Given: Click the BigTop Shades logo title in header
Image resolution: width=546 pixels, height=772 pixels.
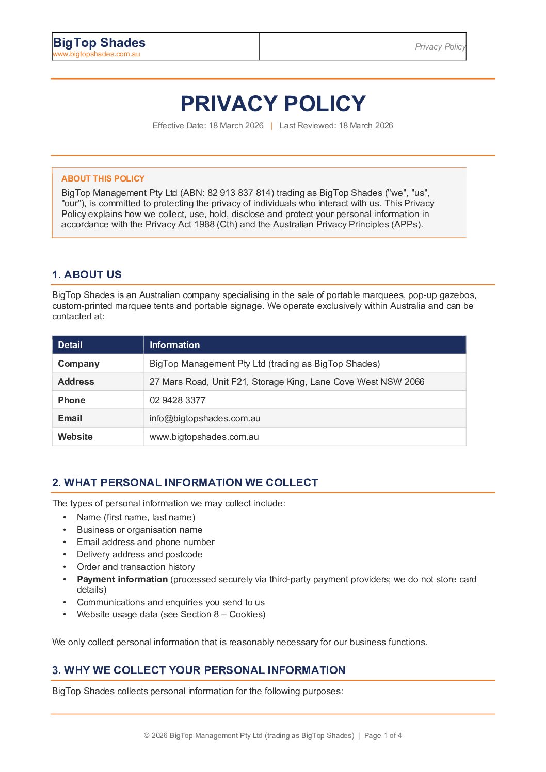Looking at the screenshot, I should tap(99, 43).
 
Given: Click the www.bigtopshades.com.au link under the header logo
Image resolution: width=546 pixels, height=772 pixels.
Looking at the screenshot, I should tap(97, 54).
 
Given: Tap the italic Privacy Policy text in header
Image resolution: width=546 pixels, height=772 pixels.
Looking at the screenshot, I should tap(440, 47).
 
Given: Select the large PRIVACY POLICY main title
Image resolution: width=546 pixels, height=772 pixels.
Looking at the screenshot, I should tap(273, 104).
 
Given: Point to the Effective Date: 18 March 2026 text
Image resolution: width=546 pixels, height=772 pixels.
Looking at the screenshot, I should tap(208, 126).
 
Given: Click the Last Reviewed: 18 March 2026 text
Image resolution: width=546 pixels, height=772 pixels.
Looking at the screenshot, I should tap(336, 126).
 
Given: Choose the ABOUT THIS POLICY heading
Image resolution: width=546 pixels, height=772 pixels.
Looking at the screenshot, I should tap(103, 179).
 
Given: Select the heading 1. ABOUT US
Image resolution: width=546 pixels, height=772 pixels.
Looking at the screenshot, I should tap(87, 275).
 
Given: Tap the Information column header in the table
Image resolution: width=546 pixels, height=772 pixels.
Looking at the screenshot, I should tap(174, 345).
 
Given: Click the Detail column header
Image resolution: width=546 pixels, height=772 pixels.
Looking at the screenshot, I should tap(70, 345).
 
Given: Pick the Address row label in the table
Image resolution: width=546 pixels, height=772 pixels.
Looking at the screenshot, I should tap(76, 382).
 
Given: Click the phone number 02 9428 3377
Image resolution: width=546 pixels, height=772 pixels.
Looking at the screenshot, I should tap(178, 400).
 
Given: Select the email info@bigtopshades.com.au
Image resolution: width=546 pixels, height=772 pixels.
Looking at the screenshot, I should tap(205, 418).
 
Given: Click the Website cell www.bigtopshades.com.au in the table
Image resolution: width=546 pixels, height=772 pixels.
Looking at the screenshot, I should tap(204, 437).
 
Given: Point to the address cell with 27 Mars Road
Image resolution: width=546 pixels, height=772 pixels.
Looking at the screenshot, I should tap(286, 382).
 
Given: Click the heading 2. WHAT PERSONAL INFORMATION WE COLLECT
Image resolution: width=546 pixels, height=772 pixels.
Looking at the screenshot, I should tap(185, 483).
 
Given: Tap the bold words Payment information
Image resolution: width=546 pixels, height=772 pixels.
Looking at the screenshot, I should tap(122, 579).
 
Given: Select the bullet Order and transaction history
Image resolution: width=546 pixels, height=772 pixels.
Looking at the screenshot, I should tap(136, 567).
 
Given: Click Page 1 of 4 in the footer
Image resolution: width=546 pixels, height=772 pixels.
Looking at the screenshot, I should tap(382, 736).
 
